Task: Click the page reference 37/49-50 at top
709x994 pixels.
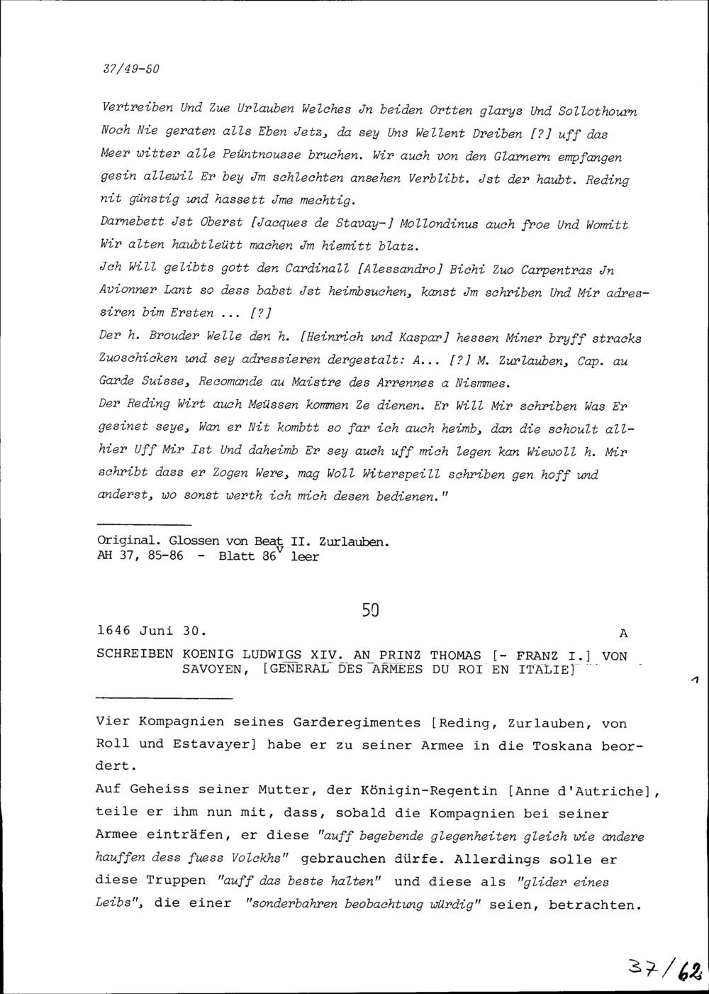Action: [x=131, y=70]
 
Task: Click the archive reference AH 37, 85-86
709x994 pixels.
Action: [x=139, y=557]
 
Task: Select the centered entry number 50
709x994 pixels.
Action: [x=370, y=609]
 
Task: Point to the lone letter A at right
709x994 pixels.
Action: [x=623, y=632]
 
